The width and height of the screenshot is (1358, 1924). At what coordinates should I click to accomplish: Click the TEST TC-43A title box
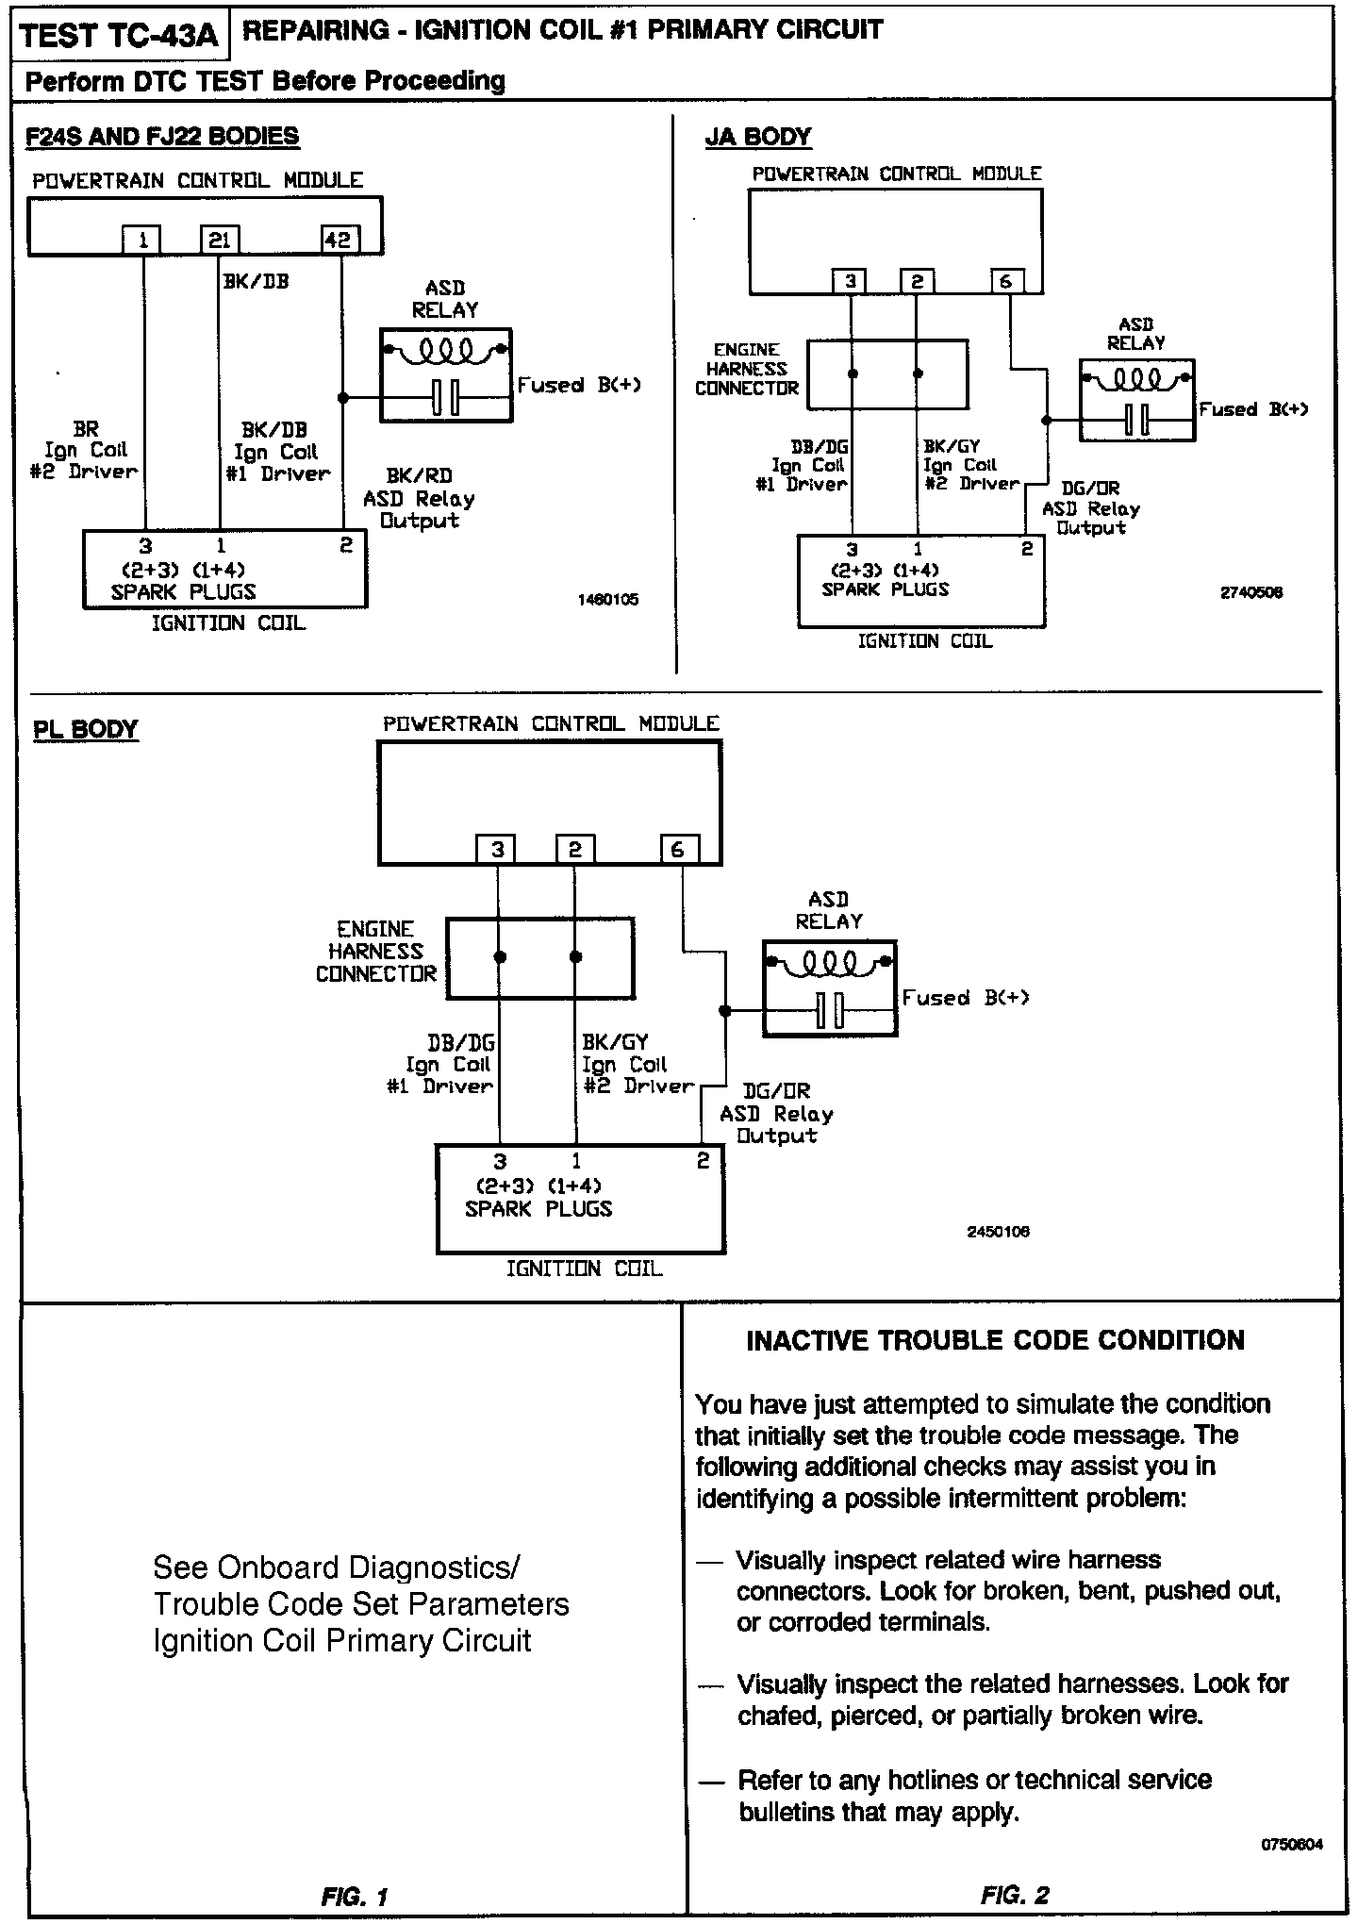(x=119, y=37)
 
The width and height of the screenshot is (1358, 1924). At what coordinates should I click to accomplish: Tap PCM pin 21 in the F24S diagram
(x=219, y=240)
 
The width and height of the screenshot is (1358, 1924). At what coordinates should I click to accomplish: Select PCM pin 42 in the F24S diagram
(x=338, y=240)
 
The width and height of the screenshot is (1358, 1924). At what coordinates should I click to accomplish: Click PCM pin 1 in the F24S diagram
(x=142, y=240)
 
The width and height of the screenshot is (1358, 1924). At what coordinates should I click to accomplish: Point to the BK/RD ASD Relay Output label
(x=419, y=499)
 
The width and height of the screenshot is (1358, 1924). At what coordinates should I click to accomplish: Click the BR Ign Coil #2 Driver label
(x=86, y=451)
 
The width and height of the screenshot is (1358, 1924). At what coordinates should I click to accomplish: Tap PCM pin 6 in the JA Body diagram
(x=1006, y=281)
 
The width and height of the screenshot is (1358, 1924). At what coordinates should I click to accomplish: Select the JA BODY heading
(x=757, y=138)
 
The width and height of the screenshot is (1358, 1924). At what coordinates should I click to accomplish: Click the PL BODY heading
(x=86, y=729)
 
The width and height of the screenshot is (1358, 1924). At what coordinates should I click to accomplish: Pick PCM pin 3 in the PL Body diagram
(x=497, y=850)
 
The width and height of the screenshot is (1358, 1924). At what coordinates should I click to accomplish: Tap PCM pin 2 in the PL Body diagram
(x=574, y=850)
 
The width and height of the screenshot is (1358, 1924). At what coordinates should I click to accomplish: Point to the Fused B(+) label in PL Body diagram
(x=965, y=998)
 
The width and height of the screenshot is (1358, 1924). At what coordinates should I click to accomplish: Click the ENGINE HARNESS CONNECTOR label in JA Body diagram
(x=747, y=369)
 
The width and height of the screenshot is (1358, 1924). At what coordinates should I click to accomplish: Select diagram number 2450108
(x=998, y=1232)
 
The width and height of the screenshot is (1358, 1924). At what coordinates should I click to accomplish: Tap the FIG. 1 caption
(x=354, y=1896)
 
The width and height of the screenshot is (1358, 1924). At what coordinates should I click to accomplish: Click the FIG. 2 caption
(x=1015, y=1895)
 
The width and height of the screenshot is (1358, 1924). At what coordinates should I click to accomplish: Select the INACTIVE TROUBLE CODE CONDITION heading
(x=995, y=1340)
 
